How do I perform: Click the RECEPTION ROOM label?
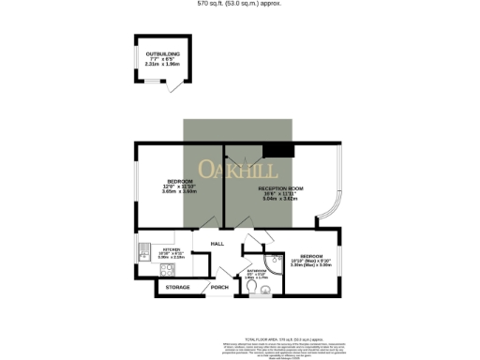click(281, 188)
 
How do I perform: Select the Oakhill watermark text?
click(238, 172)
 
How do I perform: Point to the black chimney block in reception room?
click(277, 149)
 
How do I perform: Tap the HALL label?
click(217, 244)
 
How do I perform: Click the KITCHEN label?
click(170, 249)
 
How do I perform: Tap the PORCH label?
click(219, 287)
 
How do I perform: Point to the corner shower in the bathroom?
click(274, 262)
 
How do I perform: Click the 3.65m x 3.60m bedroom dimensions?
click(179, 191)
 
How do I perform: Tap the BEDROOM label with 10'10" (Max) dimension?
click(312, 255)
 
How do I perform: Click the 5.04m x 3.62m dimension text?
click(281, 200)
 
